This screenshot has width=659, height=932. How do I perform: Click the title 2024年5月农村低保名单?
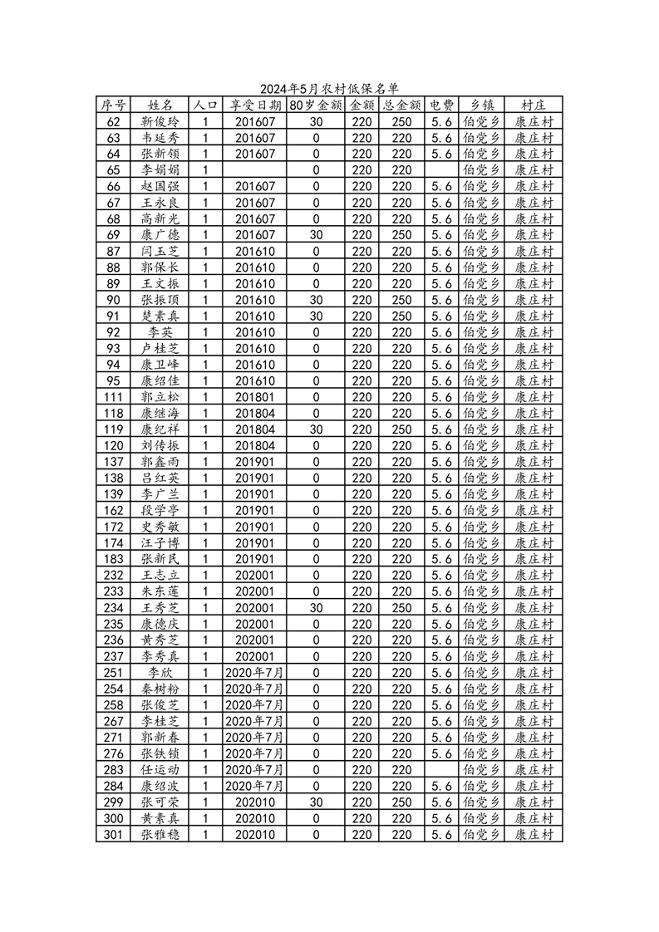tap(329, 89)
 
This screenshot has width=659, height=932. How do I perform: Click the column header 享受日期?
tap(254, 105)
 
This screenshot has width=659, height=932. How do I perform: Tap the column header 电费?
tap(441, 105)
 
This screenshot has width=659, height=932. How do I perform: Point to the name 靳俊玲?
tap(160, 121)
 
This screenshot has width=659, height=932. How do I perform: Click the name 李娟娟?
tap(160, 170)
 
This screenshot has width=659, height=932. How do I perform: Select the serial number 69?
tap(114, 235)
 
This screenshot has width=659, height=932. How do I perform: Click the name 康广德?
tap(160, 235)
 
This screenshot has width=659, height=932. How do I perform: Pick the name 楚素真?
tap(160, 316)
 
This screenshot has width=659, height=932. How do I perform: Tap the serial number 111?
tap(114, 397)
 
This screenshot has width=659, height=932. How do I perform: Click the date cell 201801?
tap(254, 397)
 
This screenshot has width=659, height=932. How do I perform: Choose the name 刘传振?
tap(160, 445)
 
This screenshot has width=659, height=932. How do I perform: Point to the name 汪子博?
tap(160, 542)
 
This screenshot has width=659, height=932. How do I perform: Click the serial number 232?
tap(114, 575)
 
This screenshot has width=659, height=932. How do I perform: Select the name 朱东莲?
tap(160, 591)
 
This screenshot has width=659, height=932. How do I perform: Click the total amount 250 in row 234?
tap(401, 607)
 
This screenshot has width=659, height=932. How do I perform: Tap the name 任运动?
tap(160, 769)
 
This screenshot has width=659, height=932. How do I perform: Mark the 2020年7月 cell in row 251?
tap(254, 672)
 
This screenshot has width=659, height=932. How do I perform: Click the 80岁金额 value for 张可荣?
tap(316, 802)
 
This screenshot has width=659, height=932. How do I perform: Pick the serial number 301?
tap(114, 834)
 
